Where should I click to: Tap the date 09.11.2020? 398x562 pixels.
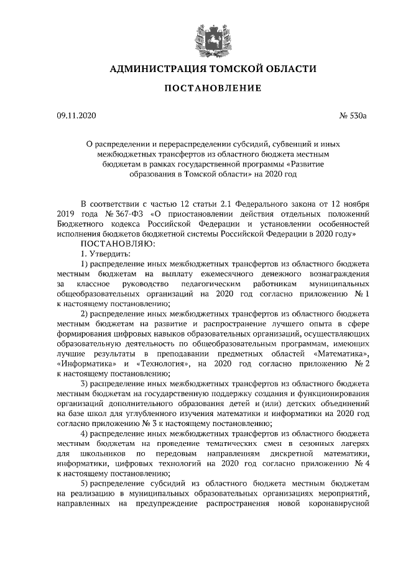click(x=76, y=116)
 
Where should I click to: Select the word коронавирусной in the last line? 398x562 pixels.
click(x=341, y=502)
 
